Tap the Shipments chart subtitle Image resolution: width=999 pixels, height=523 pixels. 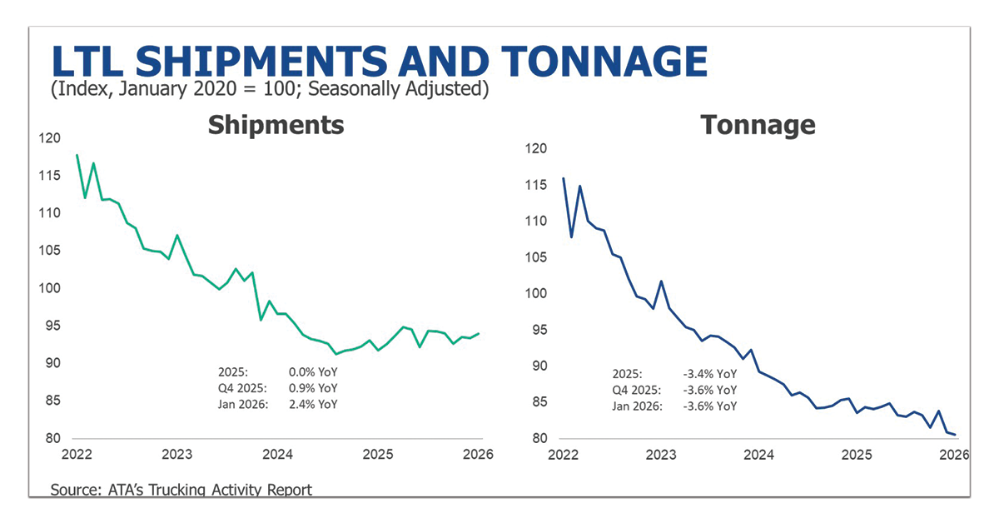point(276,125)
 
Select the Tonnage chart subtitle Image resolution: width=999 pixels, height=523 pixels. point(758,125)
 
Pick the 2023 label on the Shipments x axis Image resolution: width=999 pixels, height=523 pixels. point(176,455)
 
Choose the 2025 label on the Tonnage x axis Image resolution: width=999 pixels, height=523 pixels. point(857,455)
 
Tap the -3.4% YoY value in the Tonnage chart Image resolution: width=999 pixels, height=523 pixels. point(712,374)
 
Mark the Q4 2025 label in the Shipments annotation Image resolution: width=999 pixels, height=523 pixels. point(241,388)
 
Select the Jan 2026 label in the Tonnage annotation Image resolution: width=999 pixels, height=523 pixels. point(639,406)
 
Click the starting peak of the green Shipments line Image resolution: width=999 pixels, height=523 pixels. point(77,156)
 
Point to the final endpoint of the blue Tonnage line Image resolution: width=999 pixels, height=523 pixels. point(954,434)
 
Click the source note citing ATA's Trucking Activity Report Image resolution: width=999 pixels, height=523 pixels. point(181,489)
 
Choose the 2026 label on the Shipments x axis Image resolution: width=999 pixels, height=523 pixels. point(478,455)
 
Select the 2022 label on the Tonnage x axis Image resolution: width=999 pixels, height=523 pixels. point(564,455)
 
